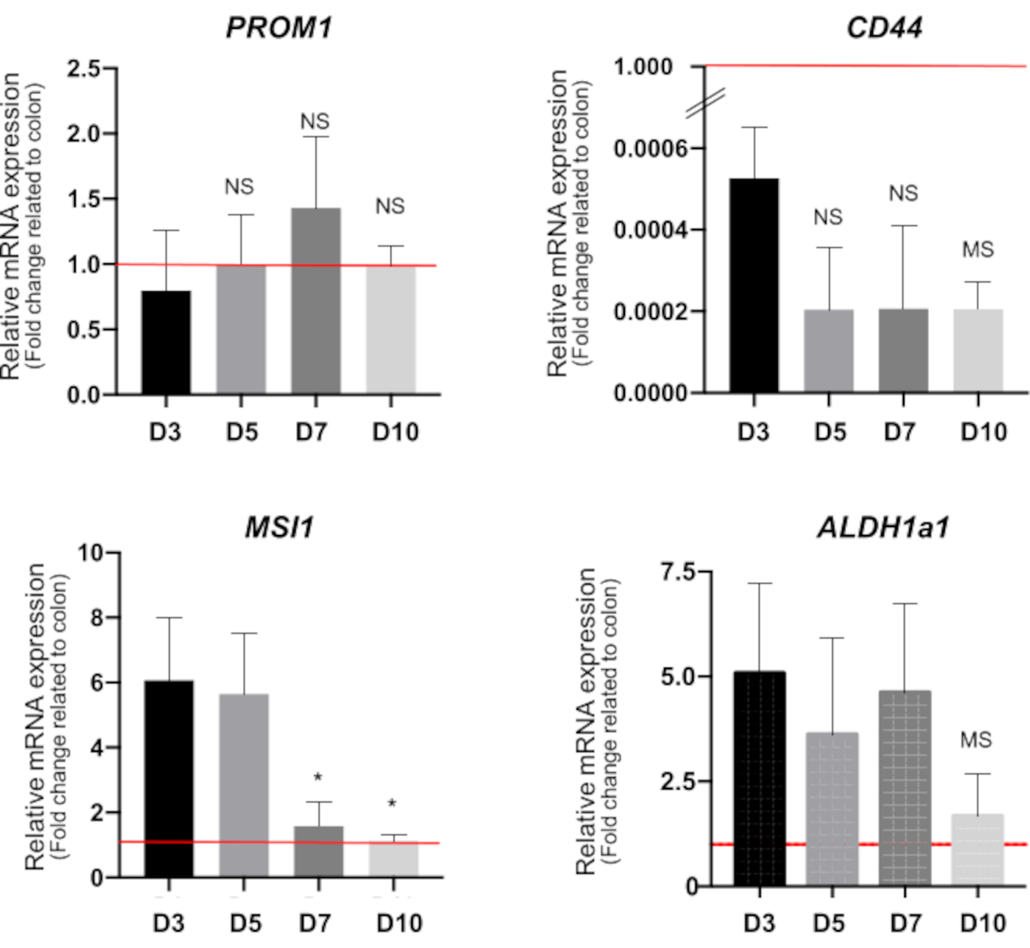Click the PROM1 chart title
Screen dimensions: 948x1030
point(279,28)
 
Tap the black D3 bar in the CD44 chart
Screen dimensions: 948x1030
point(754,285)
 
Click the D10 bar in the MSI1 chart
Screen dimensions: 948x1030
point(393,859)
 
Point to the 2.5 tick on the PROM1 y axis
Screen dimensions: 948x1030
point(83,69)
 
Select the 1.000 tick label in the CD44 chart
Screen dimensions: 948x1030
point(643,67)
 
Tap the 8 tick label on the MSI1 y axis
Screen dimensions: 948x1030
point(96,618)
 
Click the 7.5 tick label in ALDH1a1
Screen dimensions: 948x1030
point(677,572)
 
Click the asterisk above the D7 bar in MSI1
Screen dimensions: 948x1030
point(317,778)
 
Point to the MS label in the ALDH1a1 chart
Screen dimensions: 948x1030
point(976,740)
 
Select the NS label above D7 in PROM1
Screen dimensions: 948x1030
point(315,122)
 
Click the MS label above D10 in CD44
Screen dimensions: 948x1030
point(978,249)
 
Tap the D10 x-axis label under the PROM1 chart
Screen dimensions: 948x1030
point(396,432)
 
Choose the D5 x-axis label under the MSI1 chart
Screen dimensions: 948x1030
point(245,923)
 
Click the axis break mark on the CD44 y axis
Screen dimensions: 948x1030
point(705,103)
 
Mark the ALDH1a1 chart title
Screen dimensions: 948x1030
point(883,528)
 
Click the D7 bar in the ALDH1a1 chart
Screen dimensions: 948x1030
point(905,788)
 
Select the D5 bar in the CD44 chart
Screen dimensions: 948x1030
point(829,350)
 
